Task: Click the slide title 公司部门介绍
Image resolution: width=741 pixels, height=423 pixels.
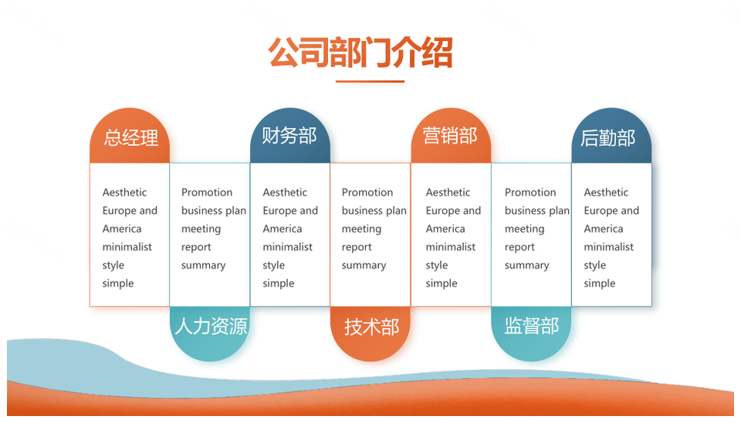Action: tap(360, 52)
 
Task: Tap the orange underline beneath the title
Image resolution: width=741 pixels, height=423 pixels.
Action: tap(370, 81)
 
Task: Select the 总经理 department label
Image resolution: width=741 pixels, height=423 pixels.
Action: tap(130, 137)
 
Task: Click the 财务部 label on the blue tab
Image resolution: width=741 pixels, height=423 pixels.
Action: tap(289, 136)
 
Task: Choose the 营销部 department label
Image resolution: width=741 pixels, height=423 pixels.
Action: tap(450, 136)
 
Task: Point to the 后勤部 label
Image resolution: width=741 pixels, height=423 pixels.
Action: tap(607, 137)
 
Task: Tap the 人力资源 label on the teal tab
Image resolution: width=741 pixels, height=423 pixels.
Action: tap(211, 326)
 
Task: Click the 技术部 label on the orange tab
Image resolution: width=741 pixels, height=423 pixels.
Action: tap(371, 327)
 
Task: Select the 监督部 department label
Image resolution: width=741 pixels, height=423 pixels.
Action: tap(532, 326)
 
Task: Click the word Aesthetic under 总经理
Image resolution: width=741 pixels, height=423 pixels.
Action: tap(124, 192)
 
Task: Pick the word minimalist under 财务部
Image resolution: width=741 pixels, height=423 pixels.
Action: tap(287, 247)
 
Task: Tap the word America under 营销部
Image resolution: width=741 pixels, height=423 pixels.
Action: tap(445, 228)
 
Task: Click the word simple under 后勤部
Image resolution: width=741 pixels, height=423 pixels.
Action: tap(599, 283)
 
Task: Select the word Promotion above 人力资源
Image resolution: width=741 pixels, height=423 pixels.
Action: tap(207, 192)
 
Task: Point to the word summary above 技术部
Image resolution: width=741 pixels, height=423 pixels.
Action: tap(364, 266)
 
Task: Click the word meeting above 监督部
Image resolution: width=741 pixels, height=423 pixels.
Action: tap(525, 229)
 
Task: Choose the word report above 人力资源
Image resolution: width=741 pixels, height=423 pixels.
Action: tap(196, 248)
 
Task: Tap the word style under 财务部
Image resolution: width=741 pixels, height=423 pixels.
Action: tap(273, 266)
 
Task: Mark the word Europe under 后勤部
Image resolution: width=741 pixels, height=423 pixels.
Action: tap(597, 211)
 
